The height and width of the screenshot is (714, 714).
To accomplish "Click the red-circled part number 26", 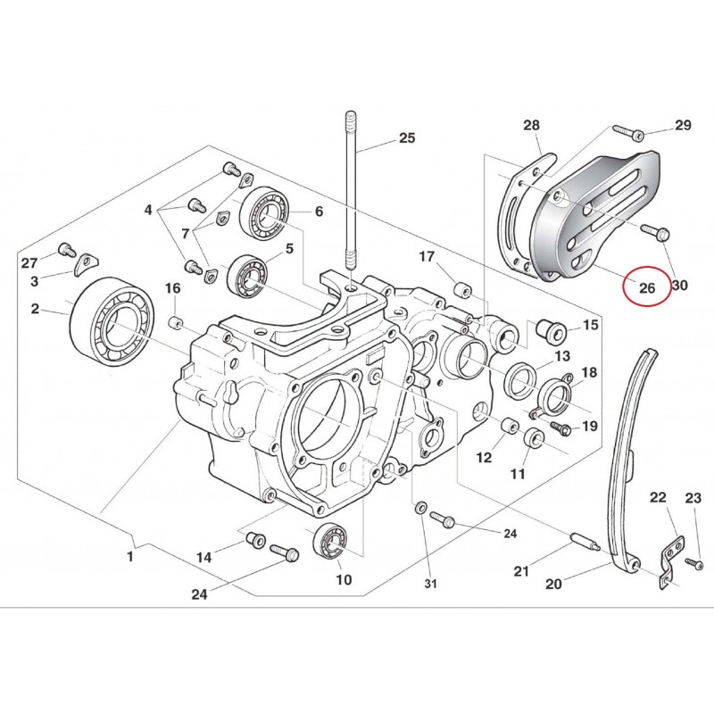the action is tap(646, 287).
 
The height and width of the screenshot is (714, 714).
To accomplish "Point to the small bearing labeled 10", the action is tap(330, 543).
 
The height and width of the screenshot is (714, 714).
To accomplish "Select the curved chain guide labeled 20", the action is tap(627, 460).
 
